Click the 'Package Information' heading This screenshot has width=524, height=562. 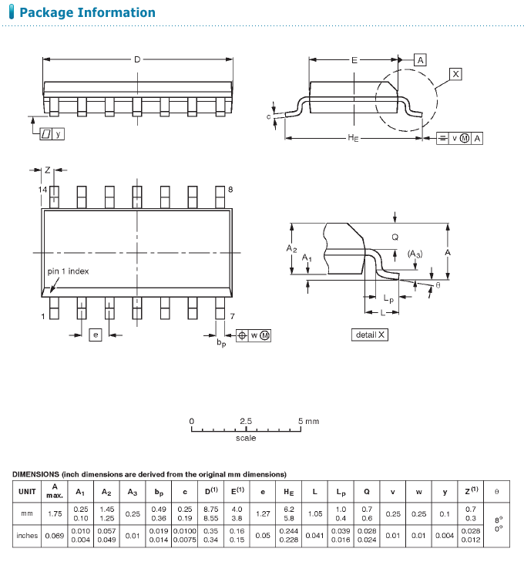(87, 12)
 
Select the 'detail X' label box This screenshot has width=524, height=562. (370, 335)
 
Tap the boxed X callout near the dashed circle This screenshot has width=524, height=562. (455, 74)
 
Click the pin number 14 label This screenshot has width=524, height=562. (42, 189)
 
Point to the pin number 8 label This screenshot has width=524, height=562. (230, 189)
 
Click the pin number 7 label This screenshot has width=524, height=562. (232, 316)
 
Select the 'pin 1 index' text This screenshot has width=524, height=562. (68, 271)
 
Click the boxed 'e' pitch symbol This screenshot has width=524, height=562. (96, 335)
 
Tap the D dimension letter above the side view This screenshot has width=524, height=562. (137, 59)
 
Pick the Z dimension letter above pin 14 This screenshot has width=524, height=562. (48, 170)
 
